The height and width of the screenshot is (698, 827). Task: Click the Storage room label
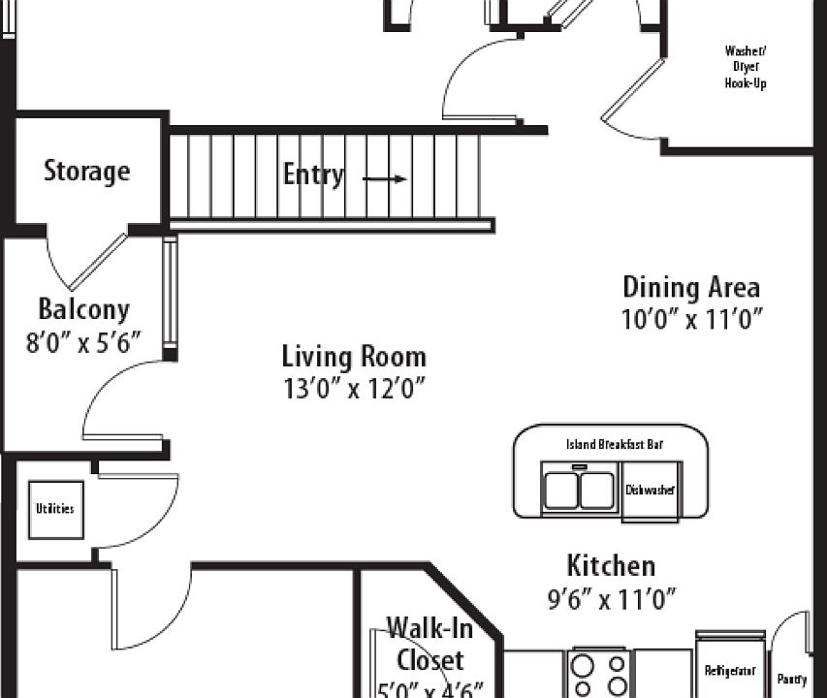86,172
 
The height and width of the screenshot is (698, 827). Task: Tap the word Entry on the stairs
312,174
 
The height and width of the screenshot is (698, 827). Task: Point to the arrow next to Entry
384,178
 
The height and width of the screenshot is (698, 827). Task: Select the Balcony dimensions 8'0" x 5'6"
83,341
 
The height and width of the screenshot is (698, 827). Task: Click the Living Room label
353,356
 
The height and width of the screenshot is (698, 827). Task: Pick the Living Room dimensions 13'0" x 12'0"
353,389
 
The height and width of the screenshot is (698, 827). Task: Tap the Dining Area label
690,287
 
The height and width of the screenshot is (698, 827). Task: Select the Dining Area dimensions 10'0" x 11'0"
691,319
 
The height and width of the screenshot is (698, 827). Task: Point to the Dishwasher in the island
650,491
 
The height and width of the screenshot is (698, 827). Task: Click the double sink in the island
579,491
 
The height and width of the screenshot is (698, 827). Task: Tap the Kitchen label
611,565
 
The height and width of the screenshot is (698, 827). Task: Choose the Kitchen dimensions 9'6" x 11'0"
611,599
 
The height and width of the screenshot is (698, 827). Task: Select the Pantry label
791,680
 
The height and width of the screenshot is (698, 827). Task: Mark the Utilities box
54,509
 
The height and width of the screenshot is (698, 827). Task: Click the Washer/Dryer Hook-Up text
745,68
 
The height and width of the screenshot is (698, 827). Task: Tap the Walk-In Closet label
429,645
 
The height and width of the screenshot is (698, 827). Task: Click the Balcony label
83,309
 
